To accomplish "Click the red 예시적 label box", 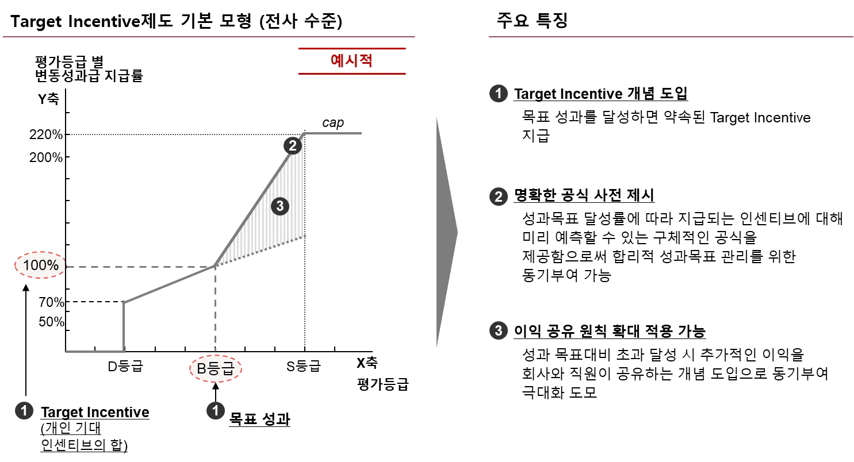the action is [352, 61].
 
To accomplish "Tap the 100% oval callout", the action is [40, 265].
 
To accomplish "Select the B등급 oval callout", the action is [216, 369].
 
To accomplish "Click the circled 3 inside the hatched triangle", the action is [280, 206].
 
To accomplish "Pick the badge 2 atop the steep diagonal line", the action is [292, 146].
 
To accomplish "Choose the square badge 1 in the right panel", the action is [498, 93].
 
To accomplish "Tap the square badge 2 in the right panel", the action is [498, 197].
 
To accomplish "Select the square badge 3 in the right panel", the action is [498, 330].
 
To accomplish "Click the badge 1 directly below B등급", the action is [215, 411].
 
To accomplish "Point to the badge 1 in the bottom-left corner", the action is [24, 411].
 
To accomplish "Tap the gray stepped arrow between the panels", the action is [446, 232].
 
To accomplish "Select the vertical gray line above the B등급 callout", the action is [214, 302].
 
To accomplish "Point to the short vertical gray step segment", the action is [124, 325].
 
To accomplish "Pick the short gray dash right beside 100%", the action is [89, 267].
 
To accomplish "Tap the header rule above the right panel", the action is [671, 37].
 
